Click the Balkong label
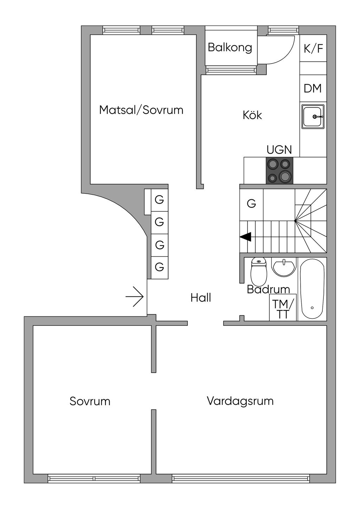pos(230,47)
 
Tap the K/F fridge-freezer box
pos(313,49)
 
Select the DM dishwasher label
pos(313,88)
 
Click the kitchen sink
pos(313,116)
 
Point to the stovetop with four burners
pos(279,170)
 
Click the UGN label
pos(279,150)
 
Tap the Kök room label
pos(252,115)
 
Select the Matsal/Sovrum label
pos(141,110)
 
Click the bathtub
pos(312,289)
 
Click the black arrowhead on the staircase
pos(246,237)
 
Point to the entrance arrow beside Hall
pos(135,297)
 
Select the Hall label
pos(201,298)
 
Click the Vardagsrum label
pos(240,401)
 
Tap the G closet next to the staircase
pos(251,204)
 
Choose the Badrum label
pos(268,289)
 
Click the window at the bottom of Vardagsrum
pos(241,478)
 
